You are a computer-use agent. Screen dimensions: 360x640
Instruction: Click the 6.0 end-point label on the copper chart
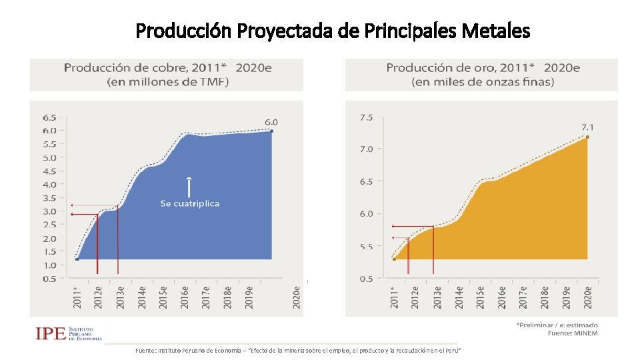pos(271,122)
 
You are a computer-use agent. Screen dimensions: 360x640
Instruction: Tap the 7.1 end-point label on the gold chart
pos(587,127)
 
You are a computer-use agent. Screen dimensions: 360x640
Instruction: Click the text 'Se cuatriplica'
pos(189,203)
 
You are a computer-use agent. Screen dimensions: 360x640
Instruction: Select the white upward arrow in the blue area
pos(189,186)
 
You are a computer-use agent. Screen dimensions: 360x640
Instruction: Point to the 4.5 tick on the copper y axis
pos(49,171)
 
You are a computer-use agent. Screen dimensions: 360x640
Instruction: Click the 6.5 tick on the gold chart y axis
pos(366,181)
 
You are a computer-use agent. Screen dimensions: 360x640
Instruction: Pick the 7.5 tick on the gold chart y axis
pos(366,117)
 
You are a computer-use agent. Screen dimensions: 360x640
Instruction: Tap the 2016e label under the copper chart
pos(184,297)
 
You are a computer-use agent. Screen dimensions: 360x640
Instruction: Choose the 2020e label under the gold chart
pos(587,297)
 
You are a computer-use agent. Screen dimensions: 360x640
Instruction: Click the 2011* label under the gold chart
pos(393,297)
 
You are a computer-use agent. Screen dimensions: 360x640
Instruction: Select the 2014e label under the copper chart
pos(141,297)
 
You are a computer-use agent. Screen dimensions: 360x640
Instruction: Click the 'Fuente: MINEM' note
pos(573,333)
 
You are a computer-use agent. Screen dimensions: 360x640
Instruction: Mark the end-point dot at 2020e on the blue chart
pos(272,131)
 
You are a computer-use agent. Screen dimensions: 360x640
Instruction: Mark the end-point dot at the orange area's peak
pos(587,137)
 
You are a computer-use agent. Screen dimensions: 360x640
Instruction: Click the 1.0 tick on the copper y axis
pos(49,265)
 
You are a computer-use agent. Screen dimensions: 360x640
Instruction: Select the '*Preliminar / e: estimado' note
pos(557,325)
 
